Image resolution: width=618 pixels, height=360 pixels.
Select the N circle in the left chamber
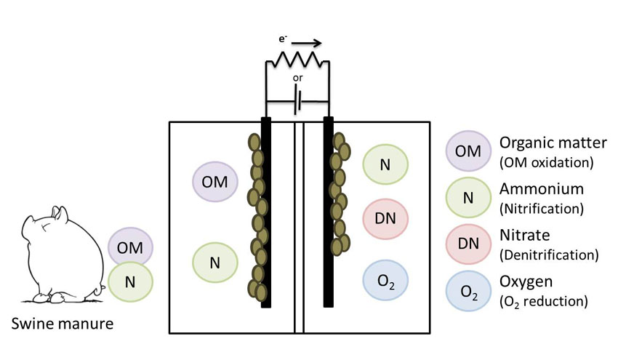215,263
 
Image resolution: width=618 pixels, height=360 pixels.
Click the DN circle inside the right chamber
385,218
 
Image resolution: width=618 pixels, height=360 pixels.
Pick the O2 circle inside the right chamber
385,279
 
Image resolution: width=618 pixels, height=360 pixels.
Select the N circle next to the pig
131,280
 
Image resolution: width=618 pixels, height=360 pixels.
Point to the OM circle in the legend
467,150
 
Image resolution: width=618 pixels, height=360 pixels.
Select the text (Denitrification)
549,255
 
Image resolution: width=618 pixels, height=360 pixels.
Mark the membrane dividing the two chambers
298,225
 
